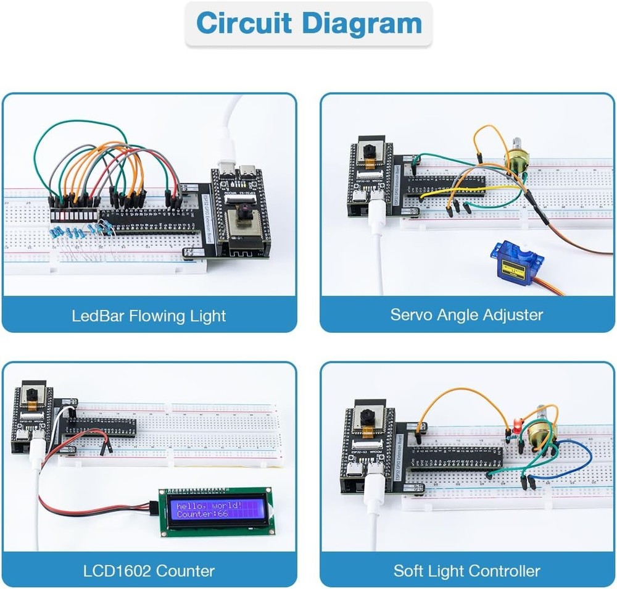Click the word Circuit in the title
(244, 23)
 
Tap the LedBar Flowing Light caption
(149, 316)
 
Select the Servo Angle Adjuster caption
(466, 314)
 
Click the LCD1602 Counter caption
(149, 570)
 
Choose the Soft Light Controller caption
(466, 570)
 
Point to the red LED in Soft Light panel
(514, 426)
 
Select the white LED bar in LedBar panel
(75, 215)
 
